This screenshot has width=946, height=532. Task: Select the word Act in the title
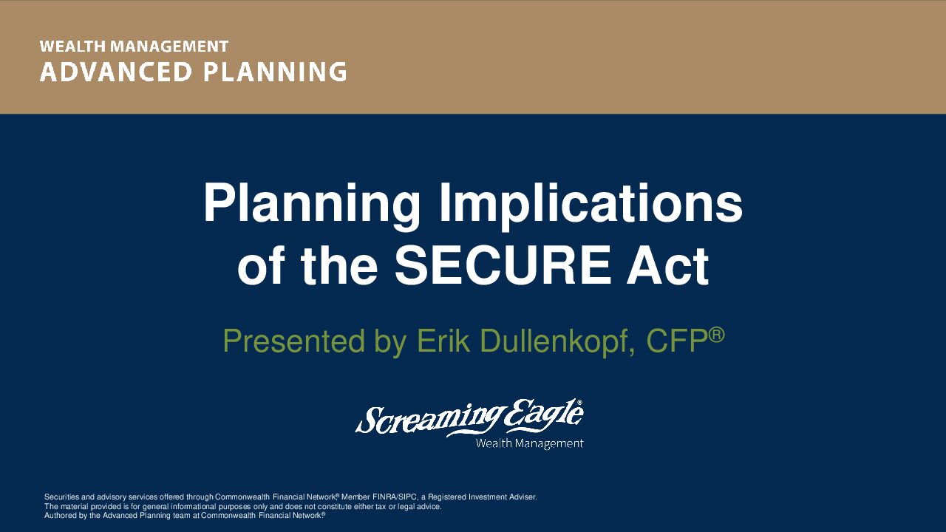click(x=667, y=265)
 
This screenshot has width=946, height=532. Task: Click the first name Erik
click(x=443, y=341)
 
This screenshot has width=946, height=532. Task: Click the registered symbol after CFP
click(x=716, y=335)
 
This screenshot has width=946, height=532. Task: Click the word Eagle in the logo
click(x=545, y=416)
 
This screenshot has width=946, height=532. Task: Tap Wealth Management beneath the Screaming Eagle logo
click(x=529, y=443)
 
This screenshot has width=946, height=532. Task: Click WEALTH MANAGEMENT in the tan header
click(x=134, y=47)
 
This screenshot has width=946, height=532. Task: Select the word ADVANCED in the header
click(x=116, y=72)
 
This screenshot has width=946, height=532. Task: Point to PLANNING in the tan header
click(x=276, y=72)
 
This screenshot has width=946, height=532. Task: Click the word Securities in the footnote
click(x=61, y=497)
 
